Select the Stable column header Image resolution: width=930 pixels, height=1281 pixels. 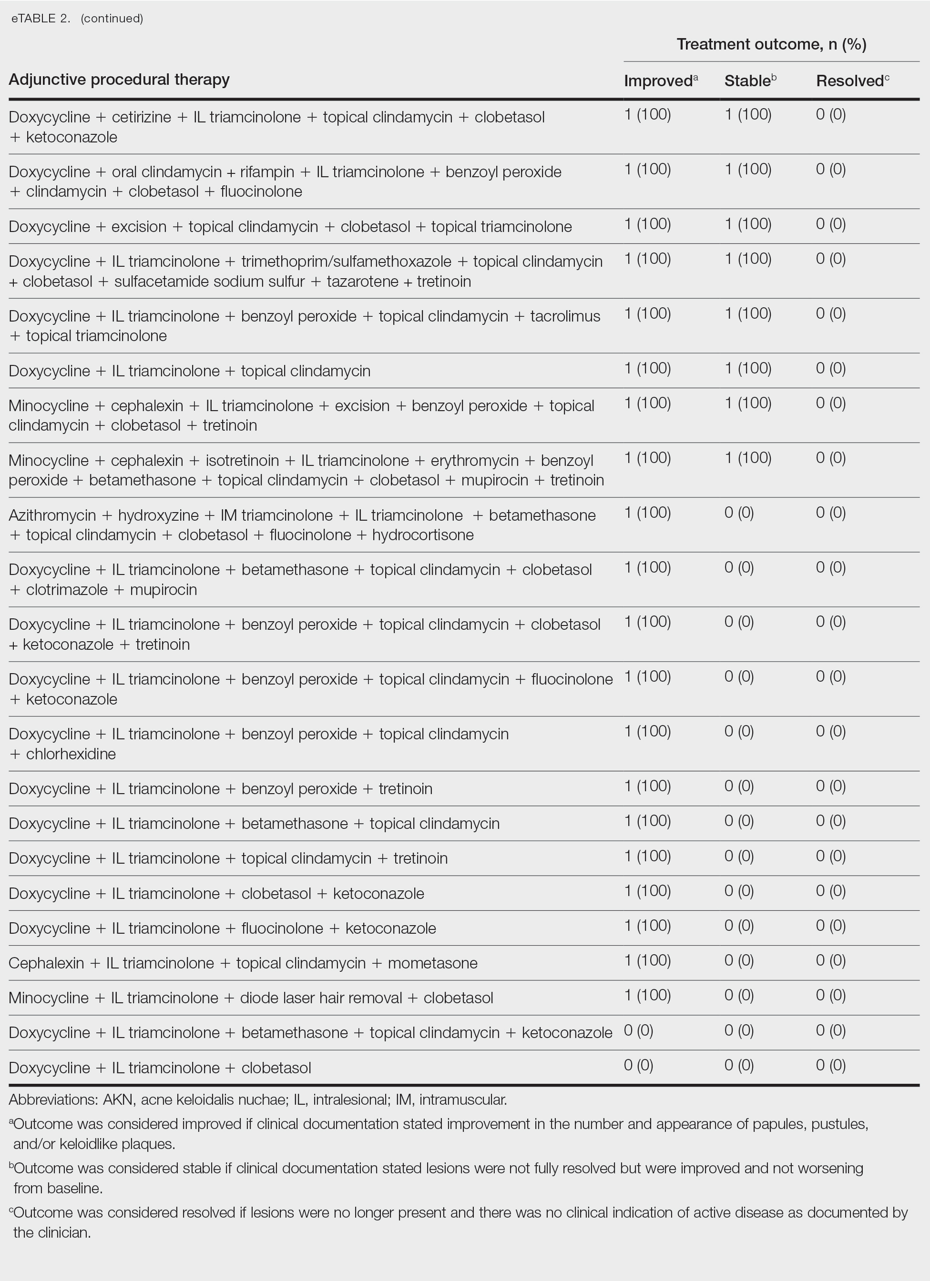(x=747, y=81)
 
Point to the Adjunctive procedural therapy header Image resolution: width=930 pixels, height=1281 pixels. (x=119, y=80)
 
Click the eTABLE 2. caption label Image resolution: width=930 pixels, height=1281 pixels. (x=41, y=18)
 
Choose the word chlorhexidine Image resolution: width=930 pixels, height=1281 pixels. (x=71, y=754)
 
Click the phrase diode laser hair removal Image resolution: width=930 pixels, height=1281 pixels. (x=320, y=998)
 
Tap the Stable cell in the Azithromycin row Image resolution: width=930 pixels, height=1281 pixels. (x=739, y=513)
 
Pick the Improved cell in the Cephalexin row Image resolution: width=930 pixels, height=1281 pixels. (x=647, y=960)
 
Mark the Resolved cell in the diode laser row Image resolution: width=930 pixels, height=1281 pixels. (x=830, y=995)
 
